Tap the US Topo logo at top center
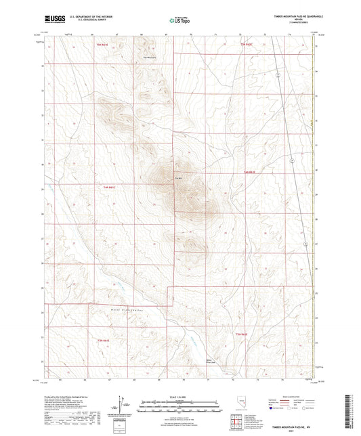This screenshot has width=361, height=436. [x=178, y=21]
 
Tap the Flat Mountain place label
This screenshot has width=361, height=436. [x=144, y=57]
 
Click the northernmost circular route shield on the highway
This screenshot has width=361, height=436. [x=278, y=75]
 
